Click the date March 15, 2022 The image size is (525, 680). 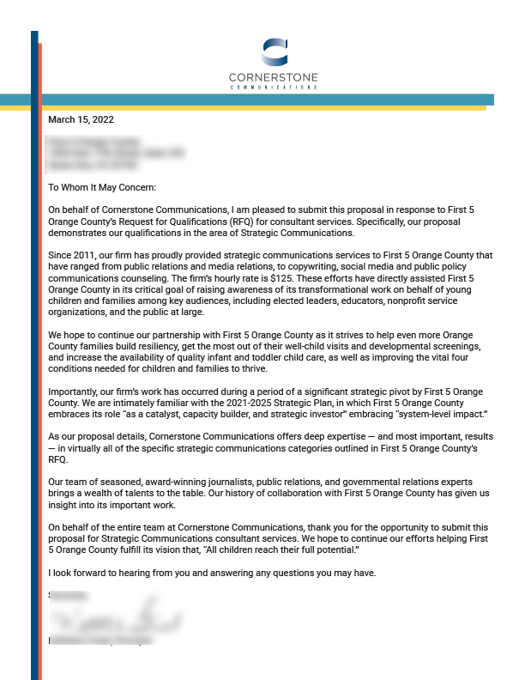point(81,120)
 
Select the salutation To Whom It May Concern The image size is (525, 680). point(103,187)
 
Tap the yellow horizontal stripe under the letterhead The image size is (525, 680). point(257,108)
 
